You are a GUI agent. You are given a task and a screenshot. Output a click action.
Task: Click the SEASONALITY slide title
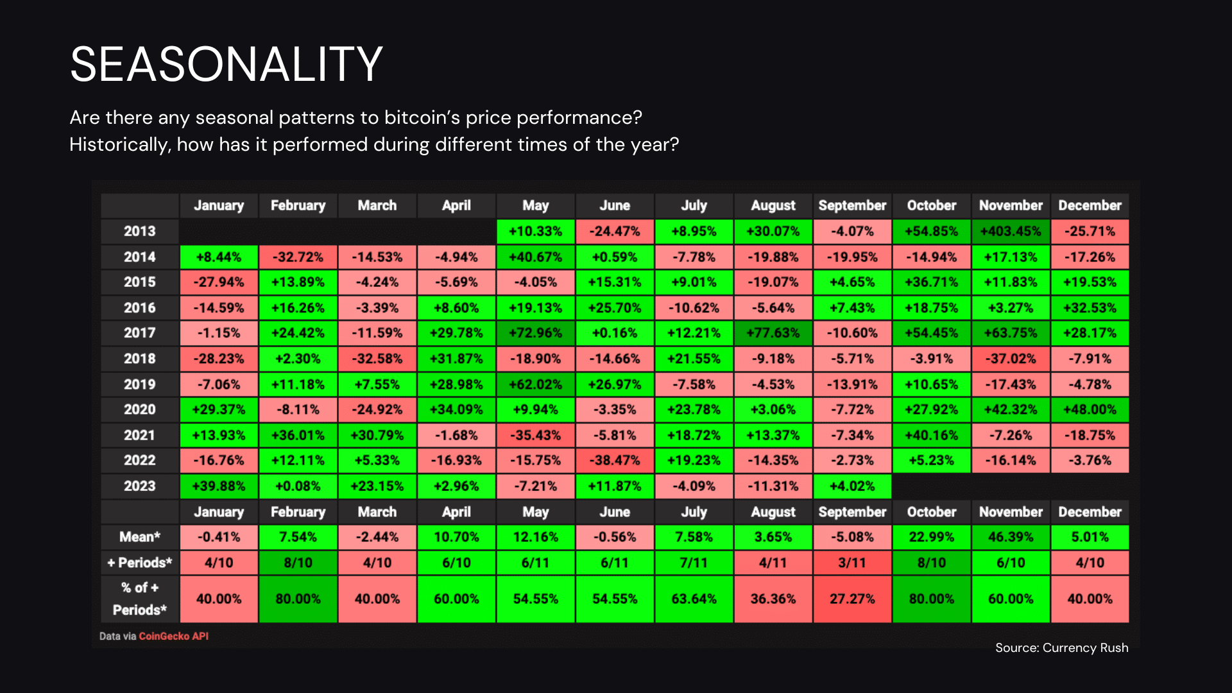pos(226,64)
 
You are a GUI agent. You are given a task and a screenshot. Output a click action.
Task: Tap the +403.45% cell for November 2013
pos(1011,231)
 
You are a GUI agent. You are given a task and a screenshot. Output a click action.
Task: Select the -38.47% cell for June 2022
pos(615,460)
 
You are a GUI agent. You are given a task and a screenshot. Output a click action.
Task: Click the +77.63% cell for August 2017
pos(773,333)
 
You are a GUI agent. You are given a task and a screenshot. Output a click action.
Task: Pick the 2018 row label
pos(140,359)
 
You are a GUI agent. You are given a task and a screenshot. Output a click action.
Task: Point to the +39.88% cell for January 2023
pos(219,486)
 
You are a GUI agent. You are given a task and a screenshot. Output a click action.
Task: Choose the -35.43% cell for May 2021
pos(536,435)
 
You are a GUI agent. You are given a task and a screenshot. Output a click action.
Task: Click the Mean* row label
pos(140,537)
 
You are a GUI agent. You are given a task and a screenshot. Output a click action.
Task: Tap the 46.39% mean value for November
pos(1011,537)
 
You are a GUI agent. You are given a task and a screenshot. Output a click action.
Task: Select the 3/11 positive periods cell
pos(852,563)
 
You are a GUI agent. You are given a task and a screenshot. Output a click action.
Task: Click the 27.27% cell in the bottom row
pos(852,599)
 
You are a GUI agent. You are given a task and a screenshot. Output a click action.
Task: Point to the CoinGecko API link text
pos(174,636)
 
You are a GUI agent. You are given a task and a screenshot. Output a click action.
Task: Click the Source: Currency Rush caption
pos(1062,647)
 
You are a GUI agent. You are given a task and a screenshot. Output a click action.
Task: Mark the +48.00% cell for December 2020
pos(1090,409)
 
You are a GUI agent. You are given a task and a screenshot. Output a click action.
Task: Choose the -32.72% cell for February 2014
pos(298,257)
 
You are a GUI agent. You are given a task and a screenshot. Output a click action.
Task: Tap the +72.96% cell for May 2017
pos(536,333)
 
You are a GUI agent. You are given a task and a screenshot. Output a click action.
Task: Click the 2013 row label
pos(140,231)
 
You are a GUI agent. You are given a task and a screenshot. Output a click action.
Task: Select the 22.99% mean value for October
pos(931,537)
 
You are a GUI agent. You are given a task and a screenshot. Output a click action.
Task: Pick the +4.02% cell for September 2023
pos(852,486)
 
